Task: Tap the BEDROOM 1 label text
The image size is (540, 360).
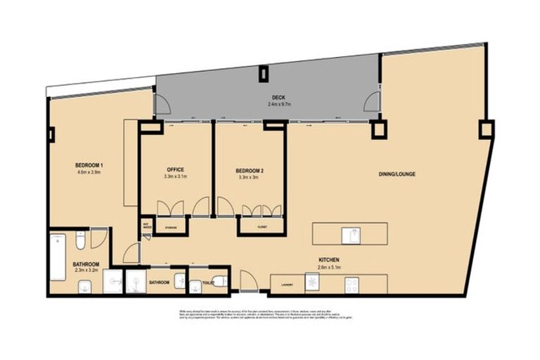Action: click(x=89, y=165)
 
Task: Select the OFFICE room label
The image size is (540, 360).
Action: click(x=175, y=169)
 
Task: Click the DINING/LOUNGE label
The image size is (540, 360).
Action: click(x=397, y=174)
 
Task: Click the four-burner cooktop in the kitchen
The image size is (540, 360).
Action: click(x=351, y=284)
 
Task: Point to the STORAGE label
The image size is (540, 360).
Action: click(x=171, y=228)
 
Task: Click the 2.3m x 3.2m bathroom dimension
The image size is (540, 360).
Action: click(x=86, y=271)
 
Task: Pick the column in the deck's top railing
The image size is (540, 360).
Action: click(x=264, y=72)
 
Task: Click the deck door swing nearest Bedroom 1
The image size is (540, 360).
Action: click(x=161, y=105)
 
